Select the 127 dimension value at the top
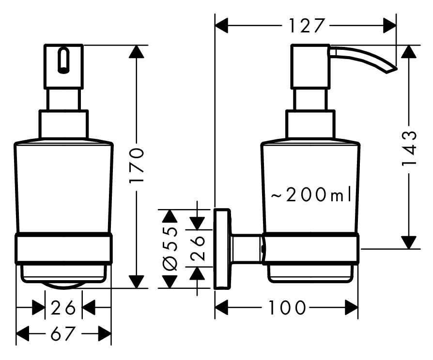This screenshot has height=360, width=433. (306, 25)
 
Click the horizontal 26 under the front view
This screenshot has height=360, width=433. (64, 307)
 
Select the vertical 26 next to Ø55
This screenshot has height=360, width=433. (197, 248)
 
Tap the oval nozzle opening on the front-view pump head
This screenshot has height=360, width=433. (63, 60)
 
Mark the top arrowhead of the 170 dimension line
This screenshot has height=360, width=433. (138, 52)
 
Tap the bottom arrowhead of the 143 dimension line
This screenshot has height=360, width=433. (410, 242)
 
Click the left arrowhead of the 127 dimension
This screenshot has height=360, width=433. (222, 25)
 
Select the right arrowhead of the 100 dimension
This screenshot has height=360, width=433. (352, 307)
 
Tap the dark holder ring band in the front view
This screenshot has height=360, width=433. (64, 249)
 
